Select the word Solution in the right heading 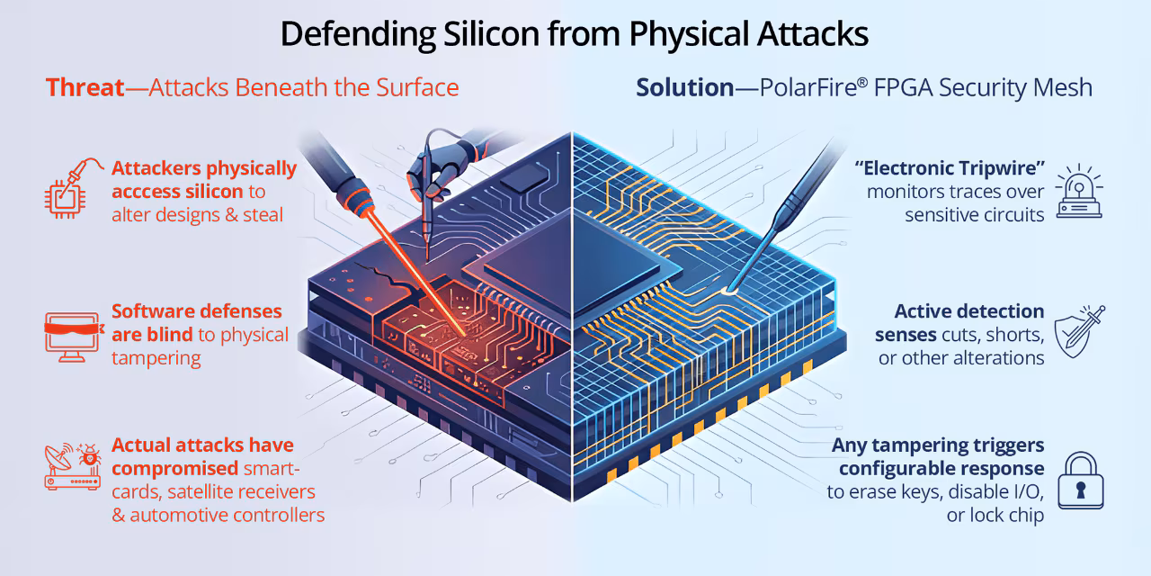(x=685, y=87)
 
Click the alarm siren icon (x=1079, y=192)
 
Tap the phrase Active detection (x=969, y=311)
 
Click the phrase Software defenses (x=197, y=311)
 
